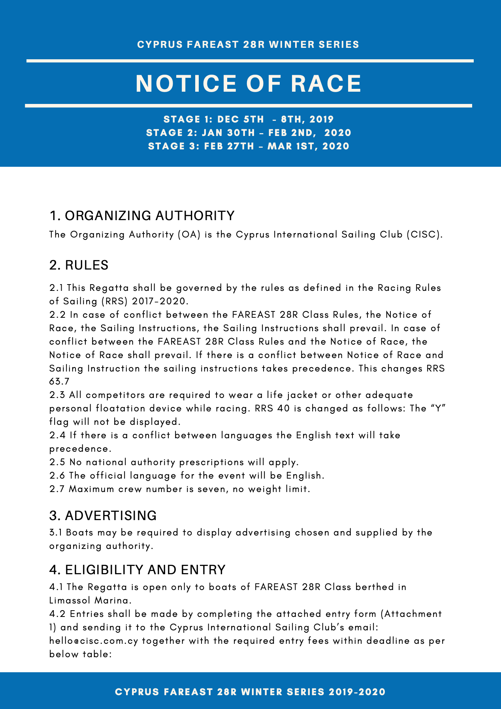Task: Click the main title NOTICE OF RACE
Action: tap(249, 83)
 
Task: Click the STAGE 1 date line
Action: tap(249, 119)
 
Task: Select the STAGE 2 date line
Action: tap(249, 132)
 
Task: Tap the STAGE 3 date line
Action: tap(249, 146)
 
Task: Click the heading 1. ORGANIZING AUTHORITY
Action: tap(142, 216)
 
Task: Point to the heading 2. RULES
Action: tap(79, 265)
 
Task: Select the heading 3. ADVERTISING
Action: tap(103, 516)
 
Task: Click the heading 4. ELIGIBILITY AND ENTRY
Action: tap(137, 570)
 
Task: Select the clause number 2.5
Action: tap(58, 462)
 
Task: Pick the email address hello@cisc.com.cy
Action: tap(94, 641)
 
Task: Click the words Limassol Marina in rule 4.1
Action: tap(90, 600)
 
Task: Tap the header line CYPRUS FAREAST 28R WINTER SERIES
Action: tap(248, 45)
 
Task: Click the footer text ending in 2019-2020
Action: tap(250, 692)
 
